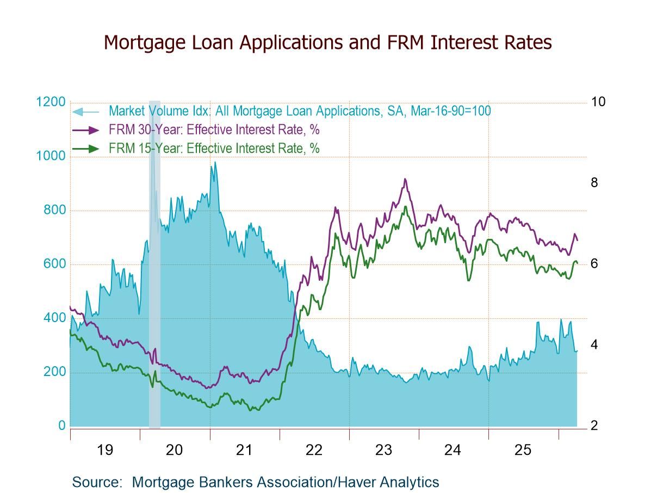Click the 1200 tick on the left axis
click(x=51, y=102)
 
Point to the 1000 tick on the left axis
click(x=51, y=156)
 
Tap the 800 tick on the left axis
click(x=54, y=210)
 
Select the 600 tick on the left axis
click(x=54, y=264)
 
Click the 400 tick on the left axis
click(x=54, y=318)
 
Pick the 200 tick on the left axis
click(x=54, y=372)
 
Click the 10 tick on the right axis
click(x=598, y=102)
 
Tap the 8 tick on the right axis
click(x=594, y=183)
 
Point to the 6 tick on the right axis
click(x=594, y=264)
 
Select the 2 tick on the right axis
click(x=594, y=426)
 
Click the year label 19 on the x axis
click(x=104, y=450)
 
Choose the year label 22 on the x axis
click(x=314, y=450)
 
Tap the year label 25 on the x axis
click(x=523, y=450)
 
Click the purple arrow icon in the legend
click(x=86, y=130)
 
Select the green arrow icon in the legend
click(x=86, y=148)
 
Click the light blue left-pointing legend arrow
click(x=85, y=112)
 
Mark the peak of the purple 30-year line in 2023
click(x=405, y=179)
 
